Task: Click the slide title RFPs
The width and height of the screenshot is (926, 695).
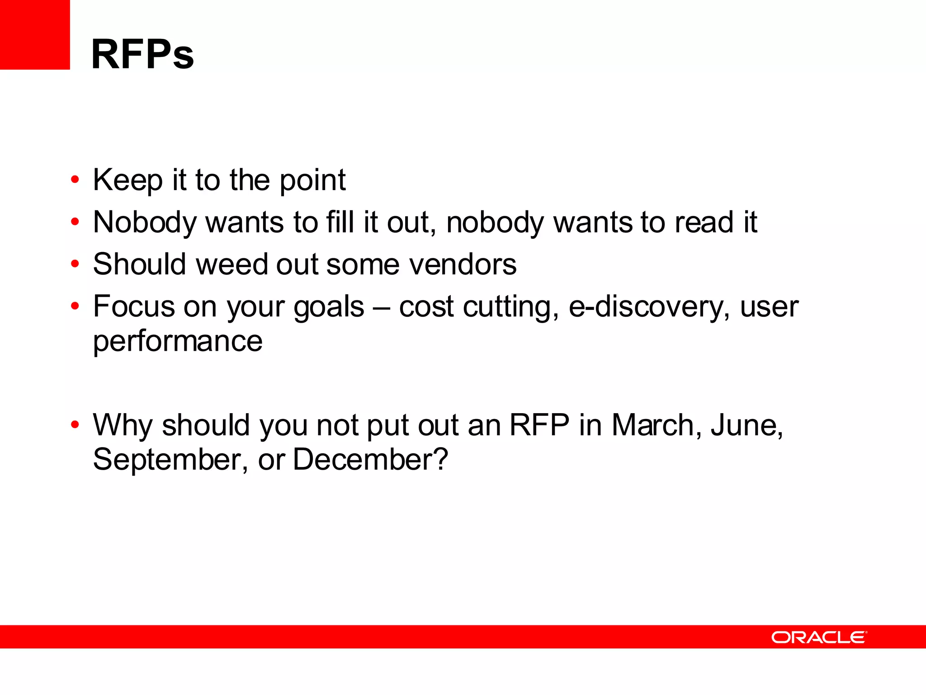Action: click(x=142, y=54)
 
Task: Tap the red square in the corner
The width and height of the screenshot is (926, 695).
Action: click(x=35, y=35)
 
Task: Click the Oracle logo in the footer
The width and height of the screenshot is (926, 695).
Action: click(x=819, y=637)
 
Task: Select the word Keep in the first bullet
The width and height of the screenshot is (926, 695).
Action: click(x=128, y=181)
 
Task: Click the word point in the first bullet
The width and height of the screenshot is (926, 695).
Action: click(x=312, y=181)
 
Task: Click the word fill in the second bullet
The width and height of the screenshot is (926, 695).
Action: click(x=340, y=223)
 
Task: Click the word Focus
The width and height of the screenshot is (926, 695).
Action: click(x=134, y=307)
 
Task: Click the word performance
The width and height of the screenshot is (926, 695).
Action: click(x=178, y=341)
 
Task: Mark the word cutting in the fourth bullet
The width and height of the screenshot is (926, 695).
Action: click(x=511, y=307)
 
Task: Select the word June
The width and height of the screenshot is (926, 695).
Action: click(x=746, y=425)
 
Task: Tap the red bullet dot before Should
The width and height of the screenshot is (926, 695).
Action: click(x=75, y=264)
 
